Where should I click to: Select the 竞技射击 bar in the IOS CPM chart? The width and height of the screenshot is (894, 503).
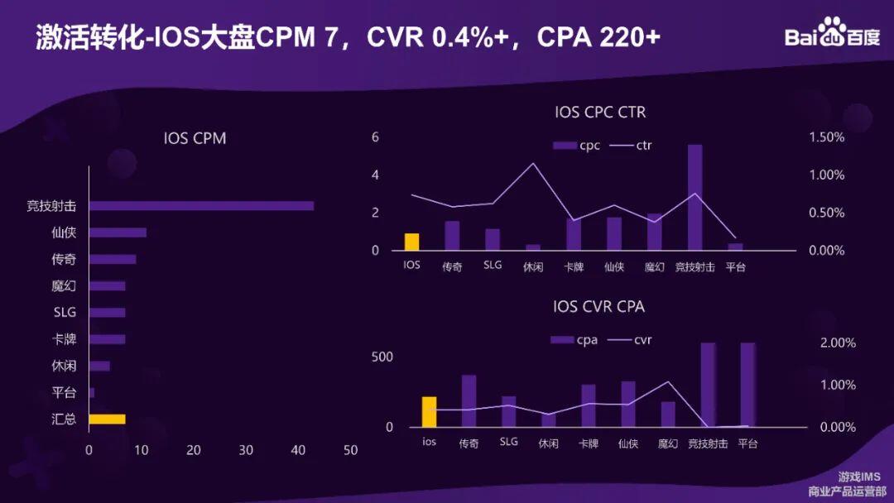tap(201, 206)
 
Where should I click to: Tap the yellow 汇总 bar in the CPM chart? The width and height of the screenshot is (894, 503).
tap(107, 419)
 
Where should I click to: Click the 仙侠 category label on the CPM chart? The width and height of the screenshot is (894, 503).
tap(64, 232)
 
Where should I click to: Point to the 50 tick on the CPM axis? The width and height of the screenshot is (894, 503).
tap(350, 450)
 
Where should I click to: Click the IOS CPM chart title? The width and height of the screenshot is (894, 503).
tap(195, 138)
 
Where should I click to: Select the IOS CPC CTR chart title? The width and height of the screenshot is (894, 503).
tap(600, 112)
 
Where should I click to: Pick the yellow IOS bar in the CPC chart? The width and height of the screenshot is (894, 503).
tap(411, 242)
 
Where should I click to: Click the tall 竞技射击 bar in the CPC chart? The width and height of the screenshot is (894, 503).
tap(695, 197)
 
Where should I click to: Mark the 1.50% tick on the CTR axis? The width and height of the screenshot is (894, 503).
tap(826, 137)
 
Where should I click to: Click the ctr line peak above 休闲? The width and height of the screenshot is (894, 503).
tap(533, 163)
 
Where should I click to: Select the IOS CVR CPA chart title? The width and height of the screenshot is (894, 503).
tap(598, 307)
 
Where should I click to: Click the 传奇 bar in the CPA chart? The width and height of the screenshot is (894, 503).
tap(469, 401)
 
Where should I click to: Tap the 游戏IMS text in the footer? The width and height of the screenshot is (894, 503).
tap(859, 477)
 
